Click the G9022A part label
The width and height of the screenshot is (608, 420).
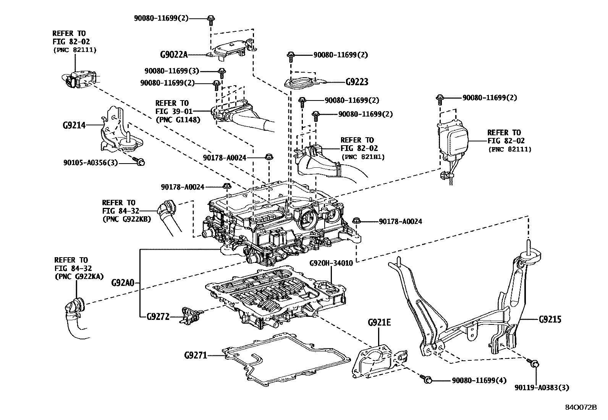tap(174, 54)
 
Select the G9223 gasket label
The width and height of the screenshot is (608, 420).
tap(357, 82)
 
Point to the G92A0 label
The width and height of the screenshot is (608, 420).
tap(123, 283)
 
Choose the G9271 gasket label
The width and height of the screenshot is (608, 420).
tap(195, 355)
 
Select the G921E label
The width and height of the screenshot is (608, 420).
tap(379, 322)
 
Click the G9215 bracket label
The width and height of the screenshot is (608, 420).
tap(550, 319)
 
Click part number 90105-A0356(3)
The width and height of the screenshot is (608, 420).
tap(91, 163)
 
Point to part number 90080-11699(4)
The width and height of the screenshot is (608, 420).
tap(479, 380)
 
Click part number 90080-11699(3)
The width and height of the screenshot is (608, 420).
tap(172, 71)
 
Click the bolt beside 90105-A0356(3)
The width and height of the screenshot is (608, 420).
tap(140, 162)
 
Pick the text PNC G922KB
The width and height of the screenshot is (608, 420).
tap(126, 219)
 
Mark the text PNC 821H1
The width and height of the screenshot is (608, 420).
tap(363, 157)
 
